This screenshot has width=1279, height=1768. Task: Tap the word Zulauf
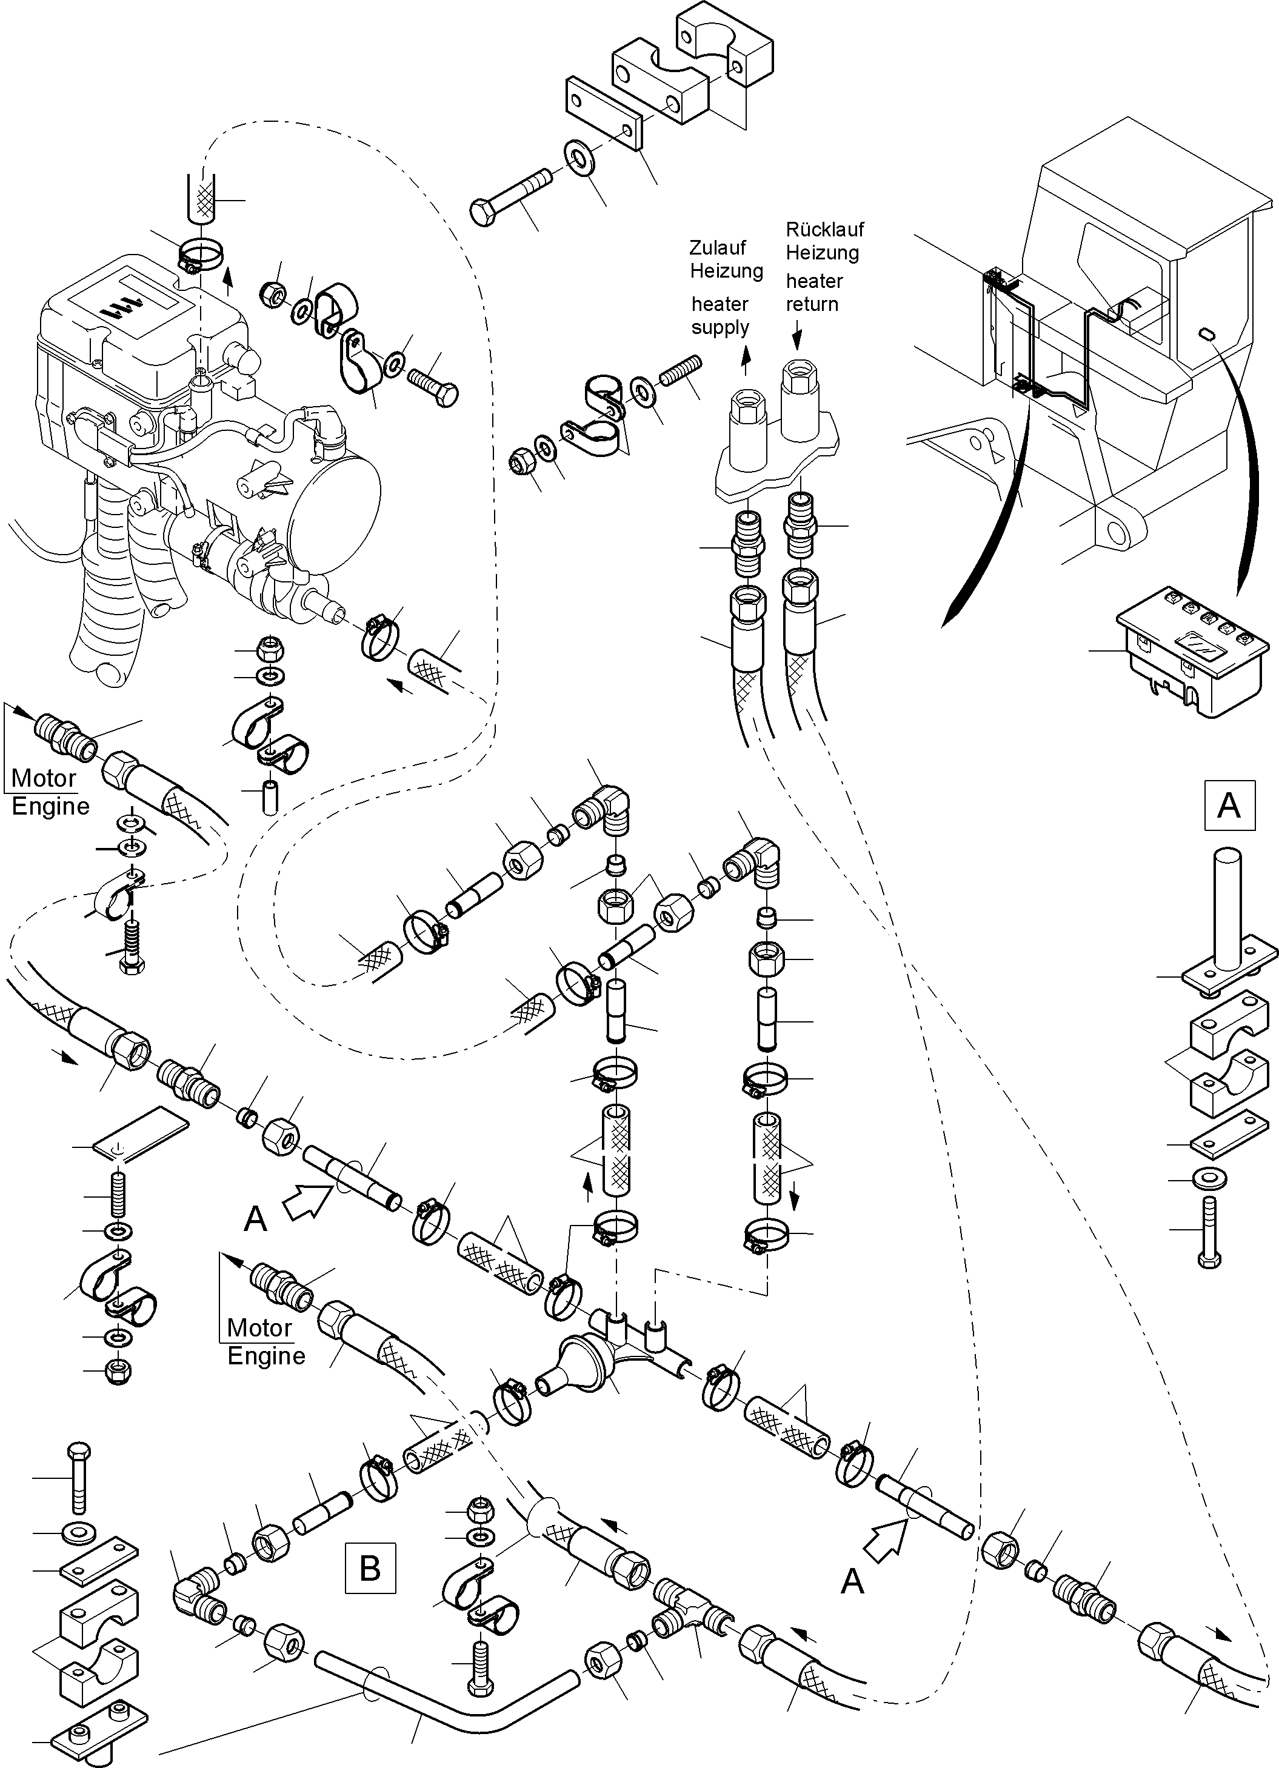point(717,248)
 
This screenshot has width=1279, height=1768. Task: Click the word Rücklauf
point(824,230)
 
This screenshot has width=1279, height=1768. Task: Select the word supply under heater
point(720,327)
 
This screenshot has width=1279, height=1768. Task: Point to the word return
point(812,305)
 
